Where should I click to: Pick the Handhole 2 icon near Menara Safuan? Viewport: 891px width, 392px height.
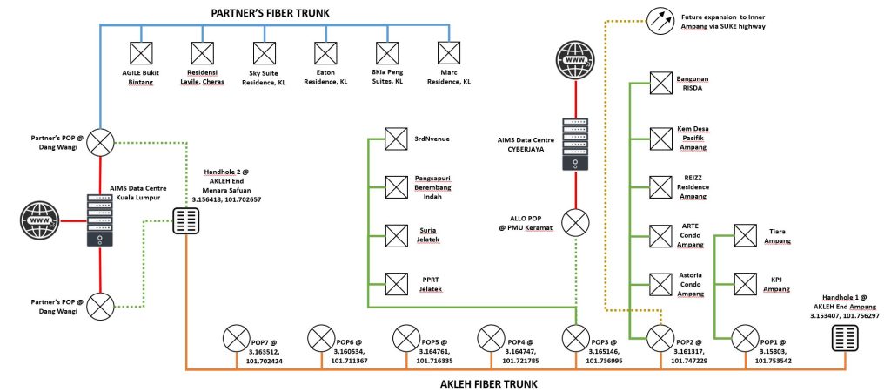point(187,222)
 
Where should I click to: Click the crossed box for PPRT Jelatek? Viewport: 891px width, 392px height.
point(397,281)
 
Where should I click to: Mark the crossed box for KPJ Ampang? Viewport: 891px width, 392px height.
point(745,282)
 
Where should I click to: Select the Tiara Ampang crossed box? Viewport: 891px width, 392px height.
point(745,235)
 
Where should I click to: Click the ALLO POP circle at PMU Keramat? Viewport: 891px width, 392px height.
point(575,224)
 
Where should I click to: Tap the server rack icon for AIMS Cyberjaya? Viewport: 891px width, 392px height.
point(575,143)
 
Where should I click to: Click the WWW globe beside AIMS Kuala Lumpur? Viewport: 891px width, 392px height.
point(40,222)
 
